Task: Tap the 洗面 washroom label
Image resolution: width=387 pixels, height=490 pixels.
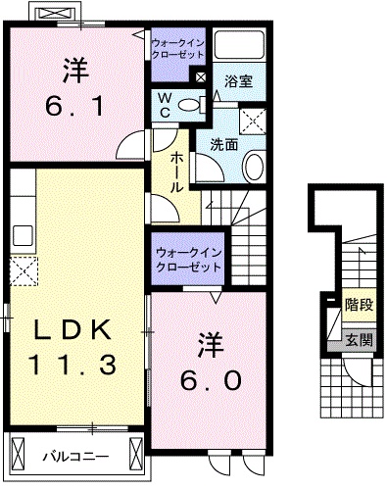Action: point(223,143)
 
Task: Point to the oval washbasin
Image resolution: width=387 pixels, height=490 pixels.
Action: point(253,165)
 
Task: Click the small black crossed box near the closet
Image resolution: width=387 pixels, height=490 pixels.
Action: point(200,77)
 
